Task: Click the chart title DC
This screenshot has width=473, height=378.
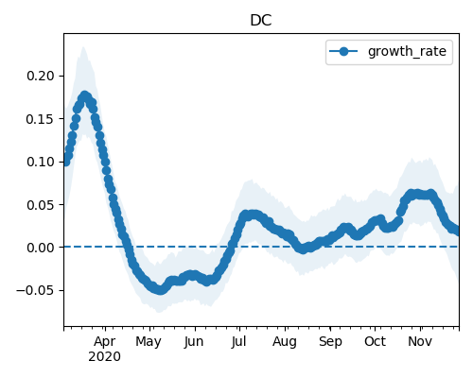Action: pyautogui.click(x=261, y=21)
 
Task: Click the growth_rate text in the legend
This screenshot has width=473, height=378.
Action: pyautogui.click(x=407, y=51)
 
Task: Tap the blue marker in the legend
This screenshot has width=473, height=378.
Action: pyautogui.click(x=343, y=51)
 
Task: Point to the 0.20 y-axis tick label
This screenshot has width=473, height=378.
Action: pyautogui.click(x=41, y=76)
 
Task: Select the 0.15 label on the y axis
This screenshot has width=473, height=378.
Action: pyautogui.click(x=41, y=119)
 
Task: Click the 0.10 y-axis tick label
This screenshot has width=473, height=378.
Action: pyautogui.click(x=41, y=162)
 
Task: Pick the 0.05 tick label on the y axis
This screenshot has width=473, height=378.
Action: pyautogui.click(x=41, y=205)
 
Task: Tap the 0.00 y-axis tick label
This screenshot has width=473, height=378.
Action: pyautogui.click(x=41, y=248)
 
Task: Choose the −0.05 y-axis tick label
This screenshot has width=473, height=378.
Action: pyautogui.click(x=35, y=290)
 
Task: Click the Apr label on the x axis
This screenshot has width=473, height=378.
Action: pyautogui.click(x=105, y=342)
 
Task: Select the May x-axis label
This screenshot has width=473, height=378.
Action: pyautogui.click(x=149, y=342)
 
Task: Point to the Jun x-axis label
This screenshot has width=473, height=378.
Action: pyautogui.click(x=194, y=341)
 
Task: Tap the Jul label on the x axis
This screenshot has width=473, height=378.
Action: pyautogui.click(x=238, y=341)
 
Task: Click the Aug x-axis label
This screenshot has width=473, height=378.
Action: pyautogui.click(x=285, y=342)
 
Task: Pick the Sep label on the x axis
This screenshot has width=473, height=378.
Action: pyautogui.click(x=330, y=342)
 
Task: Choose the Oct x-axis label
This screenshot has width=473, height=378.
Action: pyautogui.click(x=375, y=341)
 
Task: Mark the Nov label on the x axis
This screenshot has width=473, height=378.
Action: pyautogui.click(x=420, y=341)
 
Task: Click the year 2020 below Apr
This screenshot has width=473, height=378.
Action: pyautogui.click(x=104, y=356)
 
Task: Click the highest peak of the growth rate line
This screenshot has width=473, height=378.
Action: pyautogui.click(x=84, y=95)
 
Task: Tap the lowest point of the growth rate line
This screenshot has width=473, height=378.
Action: pyautogui.click(x=160, y=290)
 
